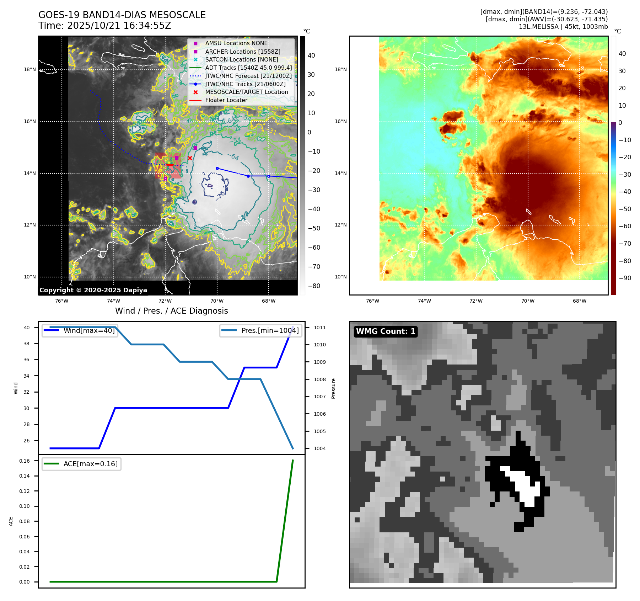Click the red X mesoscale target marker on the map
(190, 158)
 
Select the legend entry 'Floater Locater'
(226, 100)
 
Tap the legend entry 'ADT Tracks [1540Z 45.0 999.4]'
(248, 68)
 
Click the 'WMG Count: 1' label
(386, 331)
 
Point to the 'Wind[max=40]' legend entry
(89, 331)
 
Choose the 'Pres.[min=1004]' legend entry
(270, 331)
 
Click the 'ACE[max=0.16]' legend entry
(90, 464)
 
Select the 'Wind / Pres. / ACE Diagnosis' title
(171, 311)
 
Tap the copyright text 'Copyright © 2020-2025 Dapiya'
(93, 290)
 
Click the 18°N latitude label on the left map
(30, 70)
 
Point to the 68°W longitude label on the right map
(579, 301)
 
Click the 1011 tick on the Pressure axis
(319, 328)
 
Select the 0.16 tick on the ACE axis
(25, 461)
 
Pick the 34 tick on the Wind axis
(27, 376)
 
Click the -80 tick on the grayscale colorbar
(314, 286)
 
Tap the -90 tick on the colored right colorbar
(625, 278)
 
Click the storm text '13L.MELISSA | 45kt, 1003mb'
(563, 27)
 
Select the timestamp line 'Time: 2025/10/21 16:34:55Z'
(105, 26)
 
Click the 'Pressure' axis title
(333, 388)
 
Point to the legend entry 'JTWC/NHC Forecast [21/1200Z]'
(248, 76)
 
